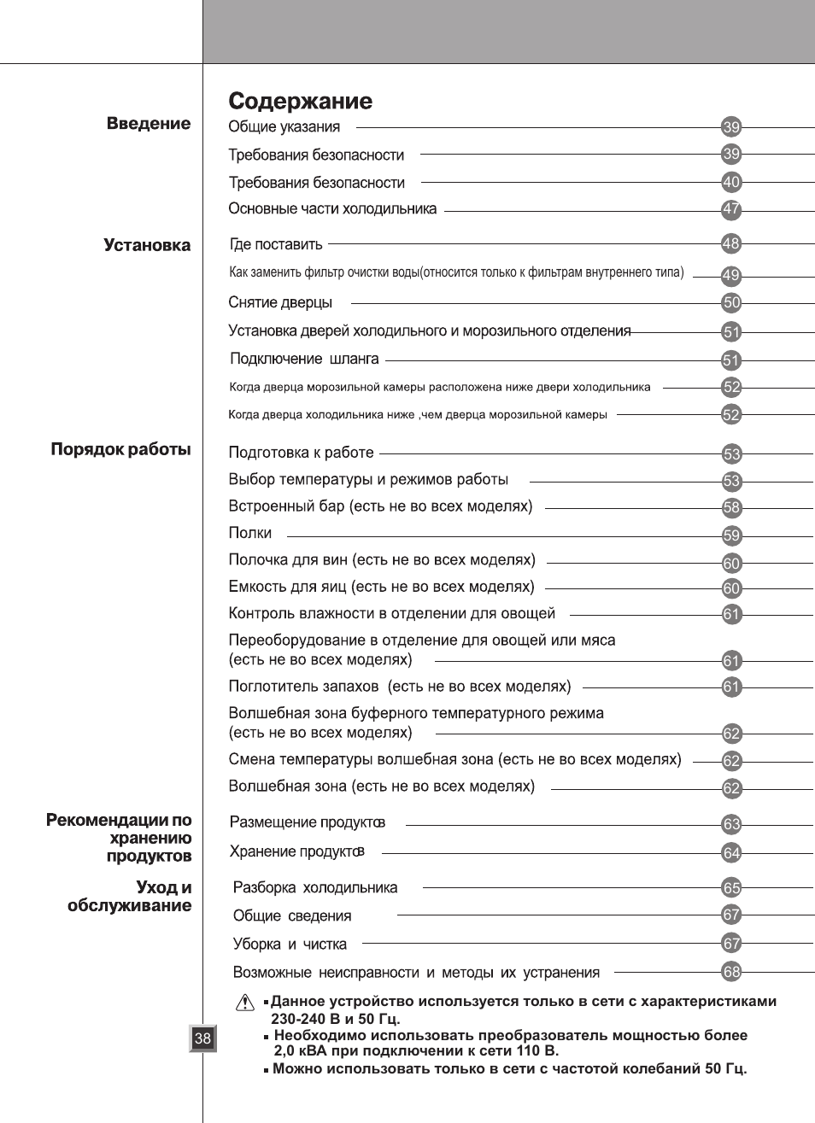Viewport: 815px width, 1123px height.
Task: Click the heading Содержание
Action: click(x=300, y=102)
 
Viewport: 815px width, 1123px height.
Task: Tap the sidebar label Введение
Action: click(x=149, y=124)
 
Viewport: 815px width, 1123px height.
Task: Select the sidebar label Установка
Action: click(x=147, y=246)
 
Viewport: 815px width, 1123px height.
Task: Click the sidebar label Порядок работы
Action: click(x=120, y=450)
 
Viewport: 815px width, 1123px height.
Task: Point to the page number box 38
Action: click(x=202, y=1038)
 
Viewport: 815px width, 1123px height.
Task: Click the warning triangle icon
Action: click(x=245, y=1002)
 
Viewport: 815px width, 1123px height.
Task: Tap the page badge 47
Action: click(x=731, y=209)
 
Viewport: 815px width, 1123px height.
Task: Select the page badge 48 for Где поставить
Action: click(x=731, y=244)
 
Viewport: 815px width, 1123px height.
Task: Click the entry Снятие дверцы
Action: click(x=280, y=303)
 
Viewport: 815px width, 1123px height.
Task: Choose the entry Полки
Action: click(x=250, y=534)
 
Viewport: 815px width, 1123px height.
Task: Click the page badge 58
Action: click(x=731, y=508)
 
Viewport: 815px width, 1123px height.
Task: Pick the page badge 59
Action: click(x=731, y=536)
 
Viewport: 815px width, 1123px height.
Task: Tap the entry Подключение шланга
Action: click(x=304, y=360)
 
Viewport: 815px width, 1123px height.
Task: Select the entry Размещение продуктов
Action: click(x=308, y=823)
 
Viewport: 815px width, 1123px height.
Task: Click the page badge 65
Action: click(x=731, y=888)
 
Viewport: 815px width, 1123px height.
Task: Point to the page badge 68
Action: click(x=731, y=972)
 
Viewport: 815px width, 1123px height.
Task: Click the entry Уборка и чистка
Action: click(x=290, y=945)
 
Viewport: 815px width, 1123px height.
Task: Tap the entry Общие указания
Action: click(x=284, y=127)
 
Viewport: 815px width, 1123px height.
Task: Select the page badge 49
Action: click(x=731, y=276)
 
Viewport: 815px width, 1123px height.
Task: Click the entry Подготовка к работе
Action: click(x=301, y=453)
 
